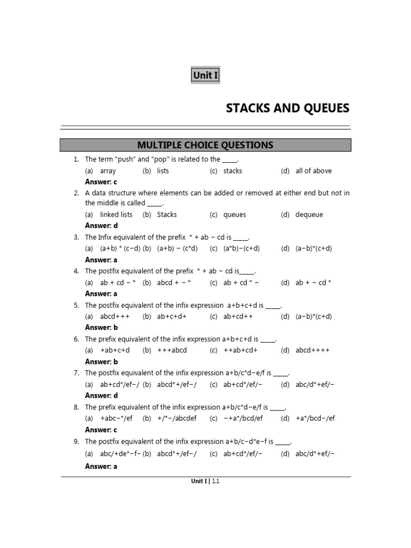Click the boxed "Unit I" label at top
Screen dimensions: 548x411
click(x=205, y=75)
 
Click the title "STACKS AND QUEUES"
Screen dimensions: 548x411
click(x=287, y=109)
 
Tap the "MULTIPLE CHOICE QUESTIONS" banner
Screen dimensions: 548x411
click(x=205, y=145)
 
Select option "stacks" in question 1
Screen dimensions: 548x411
click(x=233, y=171)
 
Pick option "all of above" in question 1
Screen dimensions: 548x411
click(x=314, y=171)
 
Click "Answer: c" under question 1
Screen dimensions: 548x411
click(x=101, y=182)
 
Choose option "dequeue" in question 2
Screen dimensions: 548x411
click(x=309, y=215)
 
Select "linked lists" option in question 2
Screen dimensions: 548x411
click(x=116, y=215)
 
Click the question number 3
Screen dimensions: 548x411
click(x=77, y=237)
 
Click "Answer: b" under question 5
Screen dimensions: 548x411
click(x=101, y=328)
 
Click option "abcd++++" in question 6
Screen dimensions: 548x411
click(x=313, y=351)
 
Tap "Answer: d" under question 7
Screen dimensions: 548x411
click(x=101, y=395)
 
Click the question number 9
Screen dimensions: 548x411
click(x=77, y=442)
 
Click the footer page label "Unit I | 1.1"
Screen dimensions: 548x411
click(x=205, y=481)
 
